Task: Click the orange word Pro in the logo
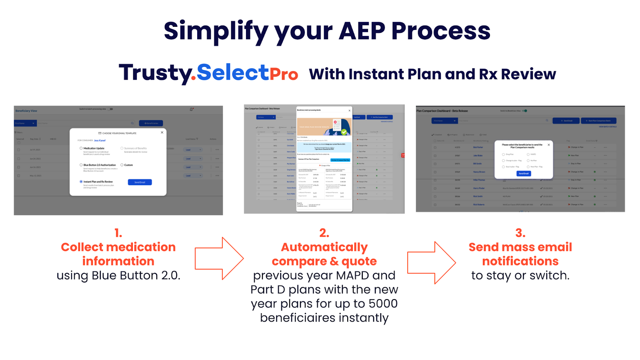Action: [x=284, y=74]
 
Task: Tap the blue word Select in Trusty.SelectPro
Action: [x=232, y=73]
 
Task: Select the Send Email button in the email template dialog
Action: [x=140, y=182]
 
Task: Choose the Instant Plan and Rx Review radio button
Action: [x=81, y=182]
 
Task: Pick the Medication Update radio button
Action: [x=81, y=148]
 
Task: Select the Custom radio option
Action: [x=122, y=165]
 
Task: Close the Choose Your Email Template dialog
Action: [x=162, y=132]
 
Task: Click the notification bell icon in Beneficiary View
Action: [x=191, y=109]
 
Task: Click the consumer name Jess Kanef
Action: [x=100, y=140]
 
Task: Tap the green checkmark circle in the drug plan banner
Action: [x=344, y=132]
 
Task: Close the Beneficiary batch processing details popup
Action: [x=349, y=110]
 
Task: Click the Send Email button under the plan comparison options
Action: [x=524, y=174]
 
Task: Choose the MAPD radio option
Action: [x=528, y=154]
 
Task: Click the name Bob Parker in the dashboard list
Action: [x=478, y=147]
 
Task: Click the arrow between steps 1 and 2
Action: [x=219, y=258]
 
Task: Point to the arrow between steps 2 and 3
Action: [x=432, y=262]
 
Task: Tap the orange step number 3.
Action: [x=520, y=233]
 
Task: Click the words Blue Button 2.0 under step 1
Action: [x=136, y=276]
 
